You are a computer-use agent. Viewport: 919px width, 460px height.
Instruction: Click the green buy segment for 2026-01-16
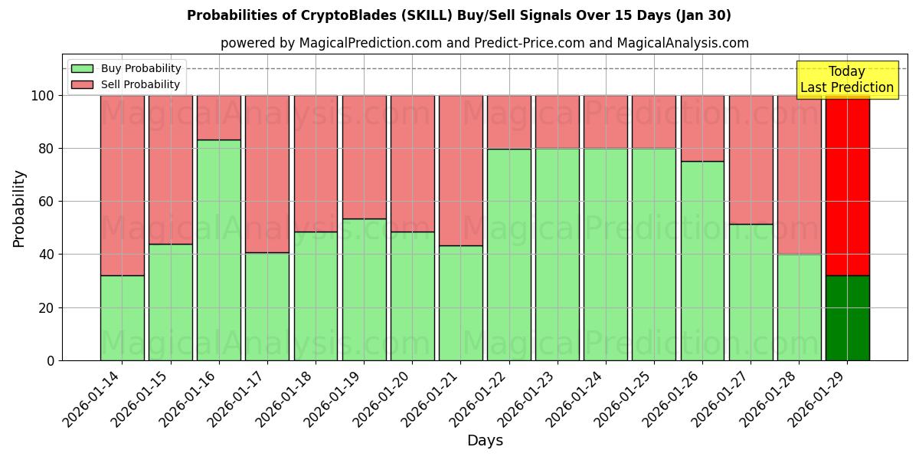pos(218,250)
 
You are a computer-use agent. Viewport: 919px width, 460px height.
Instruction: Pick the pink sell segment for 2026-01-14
pos(122,185)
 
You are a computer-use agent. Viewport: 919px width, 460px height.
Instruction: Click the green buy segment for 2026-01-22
pos(509,255)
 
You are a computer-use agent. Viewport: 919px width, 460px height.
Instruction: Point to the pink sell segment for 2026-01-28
pos(799,175)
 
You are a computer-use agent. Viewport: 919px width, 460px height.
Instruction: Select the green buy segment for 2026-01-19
pos(364,289)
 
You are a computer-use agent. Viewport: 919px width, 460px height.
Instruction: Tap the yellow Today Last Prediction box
pos(846,80)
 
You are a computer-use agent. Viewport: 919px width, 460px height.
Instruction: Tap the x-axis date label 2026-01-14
pos(93,399)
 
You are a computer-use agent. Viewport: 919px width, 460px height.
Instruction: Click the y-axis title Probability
pos(19,209)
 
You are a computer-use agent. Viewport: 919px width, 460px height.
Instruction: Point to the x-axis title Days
pos(485,441)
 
